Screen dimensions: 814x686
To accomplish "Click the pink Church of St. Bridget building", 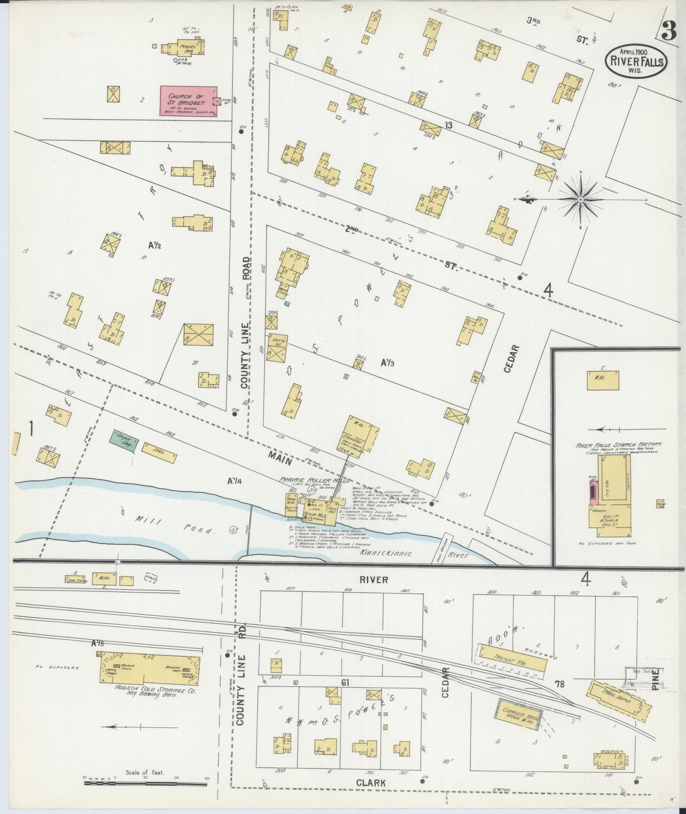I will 188,101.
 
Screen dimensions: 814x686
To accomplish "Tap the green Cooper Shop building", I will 124,441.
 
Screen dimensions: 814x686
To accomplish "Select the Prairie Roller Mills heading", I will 315,480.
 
